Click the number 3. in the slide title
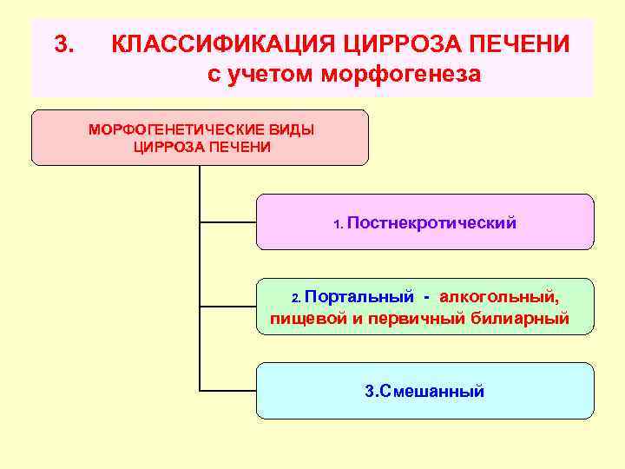[65, 43]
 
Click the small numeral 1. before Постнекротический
[339, 224]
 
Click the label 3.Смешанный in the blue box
[424, 391]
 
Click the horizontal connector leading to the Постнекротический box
[227, 222]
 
